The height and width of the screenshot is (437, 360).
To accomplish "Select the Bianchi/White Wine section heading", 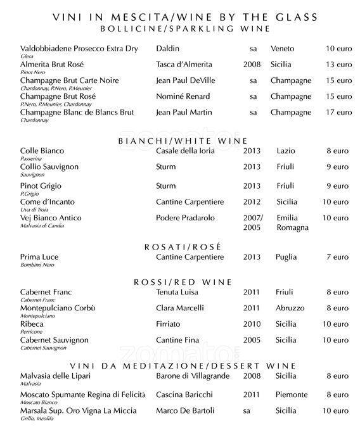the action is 183,141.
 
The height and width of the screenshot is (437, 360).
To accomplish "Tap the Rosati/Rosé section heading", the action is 183,246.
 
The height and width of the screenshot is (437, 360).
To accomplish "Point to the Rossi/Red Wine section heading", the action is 183,282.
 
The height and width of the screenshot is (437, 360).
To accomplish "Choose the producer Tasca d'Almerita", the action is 184,65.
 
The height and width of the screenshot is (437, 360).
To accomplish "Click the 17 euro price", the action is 338,113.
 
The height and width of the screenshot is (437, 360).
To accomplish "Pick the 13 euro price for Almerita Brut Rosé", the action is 338,65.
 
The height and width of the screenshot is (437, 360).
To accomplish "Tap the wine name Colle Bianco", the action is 42,151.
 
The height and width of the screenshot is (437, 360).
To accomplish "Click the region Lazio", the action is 287,151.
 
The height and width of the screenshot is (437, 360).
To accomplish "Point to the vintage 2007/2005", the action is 252,222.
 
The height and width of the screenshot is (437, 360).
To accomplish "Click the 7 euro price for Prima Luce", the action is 337,258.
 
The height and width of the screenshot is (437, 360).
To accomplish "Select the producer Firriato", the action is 168,324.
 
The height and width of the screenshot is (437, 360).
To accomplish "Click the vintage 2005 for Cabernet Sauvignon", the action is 252,340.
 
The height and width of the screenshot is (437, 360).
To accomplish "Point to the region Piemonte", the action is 292,395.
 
